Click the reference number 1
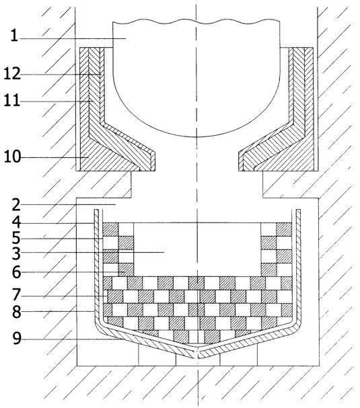coord(14,36)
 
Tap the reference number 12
coord(11,74)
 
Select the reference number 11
coord(11,100)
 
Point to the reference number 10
coord(12,157)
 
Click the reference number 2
coord(16,205)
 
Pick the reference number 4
coord(16,222)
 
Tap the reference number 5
coord(16,238)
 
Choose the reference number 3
coord(16,253)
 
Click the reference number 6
coord(16,272)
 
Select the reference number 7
coord(16,295)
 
